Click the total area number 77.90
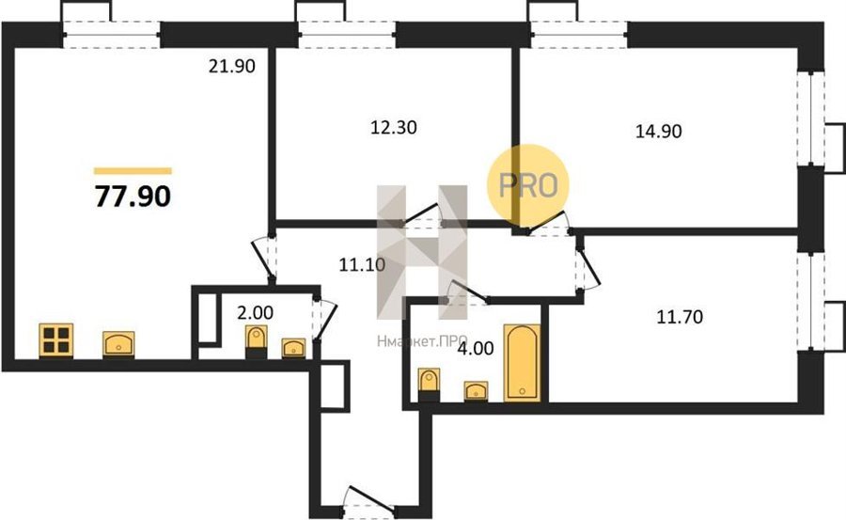tap(133, 196)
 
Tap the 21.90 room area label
tap(231, 67)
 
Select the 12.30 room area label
tap(394, 128)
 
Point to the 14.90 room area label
tap(658, 131)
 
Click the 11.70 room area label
tap(680, 317)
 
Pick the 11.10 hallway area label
tap(362, 264)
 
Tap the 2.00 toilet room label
tap(255, 312)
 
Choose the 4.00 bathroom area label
tap(476, 348)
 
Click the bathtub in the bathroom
tap(522, 362)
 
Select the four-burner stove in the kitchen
tap(56, 340)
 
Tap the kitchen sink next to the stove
tap(118, 344)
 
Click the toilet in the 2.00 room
tap(257, 342)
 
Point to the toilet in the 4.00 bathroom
tap(430, 385)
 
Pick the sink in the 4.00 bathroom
tap(476, 391)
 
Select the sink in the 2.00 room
tap(293, 348)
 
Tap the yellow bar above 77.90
tap(133, 171)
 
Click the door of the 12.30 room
tap(422, 214)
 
